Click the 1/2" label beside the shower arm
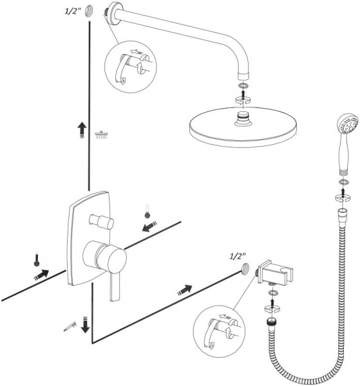pyautogui.click(x=72, y=12)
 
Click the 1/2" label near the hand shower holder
pyautogui.click(x=238, y=257)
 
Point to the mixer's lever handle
pyautogui.click(x=115, y=287)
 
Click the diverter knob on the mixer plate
pyautogui.click(x=101, y=221)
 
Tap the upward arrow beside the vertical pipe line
pyautogui.click(x=82, y=131)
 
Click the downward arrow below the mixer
pyautogui.click(x=85, y=324)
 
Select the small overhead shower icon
pyautogui.click(x=101, y=134)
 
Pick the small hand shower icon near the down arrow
pyautogui.click(x=70, y=327)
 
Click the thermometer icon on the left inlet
pyautogui.click(x=37, y=260)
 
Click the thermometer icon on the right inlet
pyautogui.click(x=147, y=212)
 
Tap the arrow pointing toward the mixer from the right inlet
pyautogui.click(x=149, y=226)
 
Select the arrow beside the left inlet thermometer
pyautogui.click(x=41, y=274)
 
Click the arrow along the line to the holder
pyautogui.click(x=185, y=290)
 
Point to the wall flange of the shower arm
pyautogui.click(x=114, y=14)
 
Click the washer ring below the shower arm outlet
pyautogui.click(x=243, y=86)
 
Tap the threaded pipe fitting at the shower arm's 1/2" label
pyautogui.click(x=89, y=12)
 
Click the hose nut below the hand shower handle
pyautogui.click(x=343, y=212)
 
